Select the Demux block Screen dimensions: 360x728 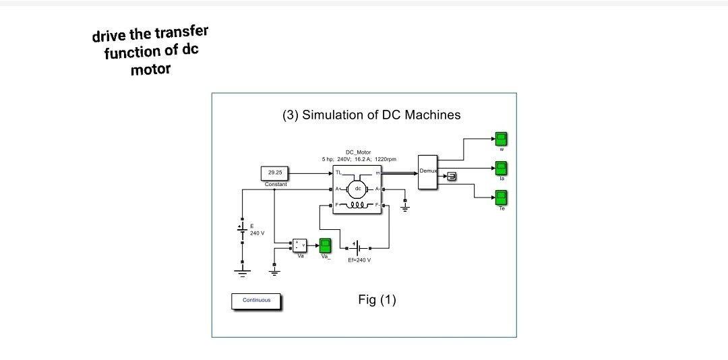(428, 171)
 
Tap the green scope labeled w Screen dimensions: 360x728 (502, 140)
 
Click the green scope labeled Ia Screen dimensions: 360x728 (502, 168)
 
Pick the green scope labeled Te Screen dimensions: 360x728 (502, 198)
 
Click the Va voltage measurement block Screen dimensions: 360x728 (299, 245)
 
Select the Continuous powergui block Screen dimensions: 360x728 (256, 301)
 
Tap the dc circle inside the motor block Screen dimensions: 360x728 (357, 188)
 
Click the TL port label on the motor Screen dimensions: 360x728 (338, 174)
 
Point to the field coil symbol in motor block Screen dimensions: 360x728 (358, 204)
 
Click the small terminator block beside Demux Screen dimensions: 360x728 (452, 177)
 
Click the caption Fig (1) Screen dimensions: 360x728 (377, 299)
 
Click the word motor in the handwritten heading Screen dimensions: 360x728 (150, 69)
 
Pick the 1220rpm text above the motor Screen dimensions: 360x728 (385, 159)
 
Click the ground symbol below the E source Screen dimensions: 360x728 (243, 273)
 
